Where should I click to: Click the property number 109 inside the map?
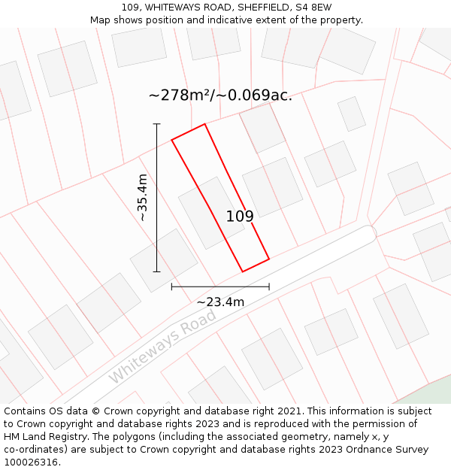pos(240,217)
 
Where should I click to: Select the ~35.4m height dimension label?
pos(143,197)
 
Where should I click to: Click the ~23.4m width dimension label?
pos(220,302)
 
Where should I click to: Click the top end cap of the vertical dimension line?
pos(156,123)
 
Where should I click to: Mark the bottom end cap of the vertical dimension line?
pos(156,271)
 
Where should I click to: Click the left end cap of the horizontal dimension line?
pos(171,287)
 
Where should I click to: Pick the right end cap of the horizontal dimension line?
pos(269,287)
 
